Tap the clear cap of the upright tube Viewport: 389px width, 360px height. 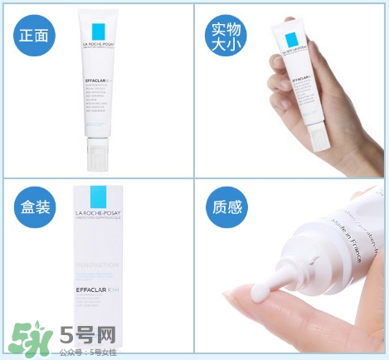click(98, 154)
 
